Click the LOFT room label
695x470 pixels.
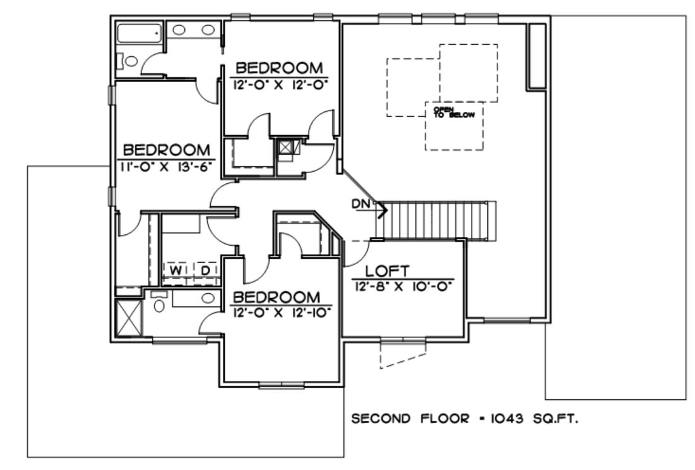pos(387,270)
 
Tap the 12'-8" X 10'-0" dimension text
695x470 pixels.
pos(403,286)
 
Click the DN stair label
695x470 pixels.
pos(361,203)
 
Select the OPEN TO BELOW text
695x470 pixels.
pos(454,112)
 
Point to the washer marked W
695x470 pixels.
pos(176,270)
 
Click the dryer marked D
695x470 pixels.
pos(206,270)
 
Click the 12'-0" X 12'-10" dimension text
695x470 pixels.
pos(282,313)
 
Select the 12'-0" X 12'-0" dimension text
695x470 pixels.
pos(280,84)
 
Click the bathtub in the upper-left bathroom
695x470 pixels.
pos(139,33)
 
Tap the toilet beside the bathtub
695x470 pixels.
pos(128,61)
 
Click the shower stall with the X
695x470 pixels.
pos(129,318)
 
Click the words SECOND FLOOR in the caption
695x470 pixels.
pos(410,418)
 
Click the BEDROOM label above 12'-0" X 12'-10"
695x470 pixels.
pos(276,297)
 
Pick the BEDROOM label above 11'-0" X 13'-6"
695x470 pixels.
pos(166,150)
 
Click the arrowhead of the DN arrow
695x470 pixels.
pos(383,210)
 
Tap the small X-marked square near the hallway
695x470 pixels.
pos(285,147)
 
